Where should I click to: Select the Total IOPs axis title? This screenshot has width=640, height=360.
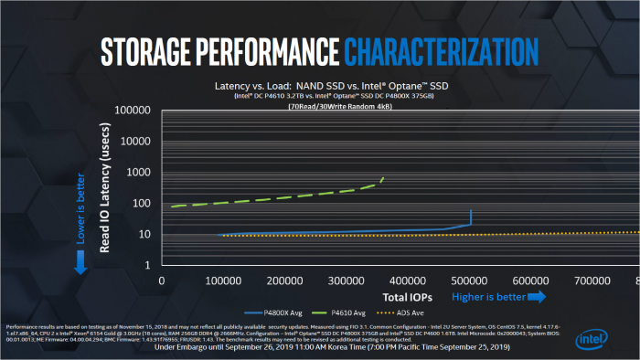pos(407,297)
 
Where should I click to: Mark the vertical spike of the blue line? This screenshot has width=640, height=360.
pos(470,217)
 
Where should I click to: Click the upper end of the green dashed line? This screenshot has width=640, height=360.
pos(383,177)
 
